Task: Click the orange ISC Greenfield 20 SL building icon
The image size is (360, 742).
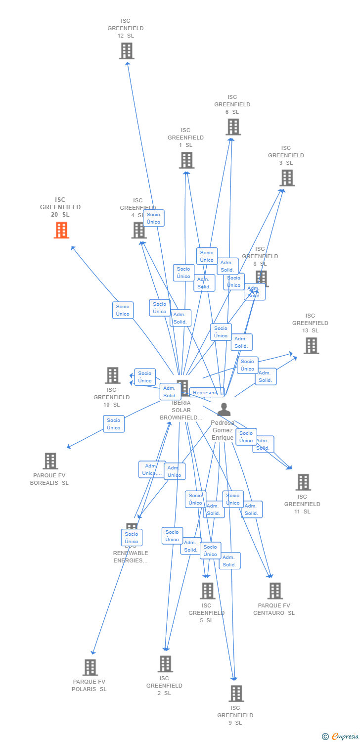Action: coord(61,230)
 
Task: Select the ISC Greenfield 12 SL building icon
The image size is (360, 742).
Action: coord(127,50)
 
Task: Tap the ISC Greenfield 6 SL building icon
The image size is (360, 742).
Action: coord(233,127)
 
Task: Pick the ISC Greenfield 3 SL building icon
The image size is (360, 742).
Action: coord(287,178)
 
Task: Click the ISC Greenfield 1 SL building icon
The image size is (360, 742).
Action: coord(186,160)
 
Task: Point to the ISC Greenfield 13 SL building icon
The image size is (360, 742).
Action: coord(311,345)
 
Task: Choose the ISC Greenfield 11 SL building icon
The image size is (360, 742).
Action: coord(303,482)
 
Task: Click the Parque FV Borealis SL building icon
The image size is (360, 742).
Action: coord(50,461)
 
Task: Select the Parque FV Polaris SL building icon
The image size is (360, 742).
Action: coord(90,667)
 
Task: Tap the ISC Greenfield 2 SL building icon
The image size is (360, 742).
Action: coord(165,663)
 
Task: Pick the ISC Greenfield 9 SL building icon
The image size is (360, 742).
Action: coord(236,693)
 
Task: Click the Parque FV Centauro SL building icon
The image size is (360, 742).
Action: coord(274,591)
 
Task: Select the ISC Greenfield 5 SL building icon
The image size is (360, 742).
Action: coord(207,591)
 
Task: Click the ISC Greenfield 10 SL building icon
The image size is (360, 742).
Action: coord(113,375)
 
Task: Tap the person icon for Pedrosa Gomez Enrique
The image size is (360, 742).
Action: coord(224,410)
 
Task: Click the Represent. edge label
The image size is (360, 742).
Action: coord(206,393)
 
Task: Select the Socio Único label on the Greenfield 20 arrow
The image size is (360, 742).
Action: coord(123,310)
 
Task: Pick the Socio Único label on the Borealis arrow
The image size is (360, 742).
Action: coord(114,424)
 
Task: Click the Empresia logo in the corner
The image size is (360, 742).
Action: coord(340,737)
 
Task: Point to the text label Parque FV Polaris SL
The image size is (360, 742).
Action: coord(89,686)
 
